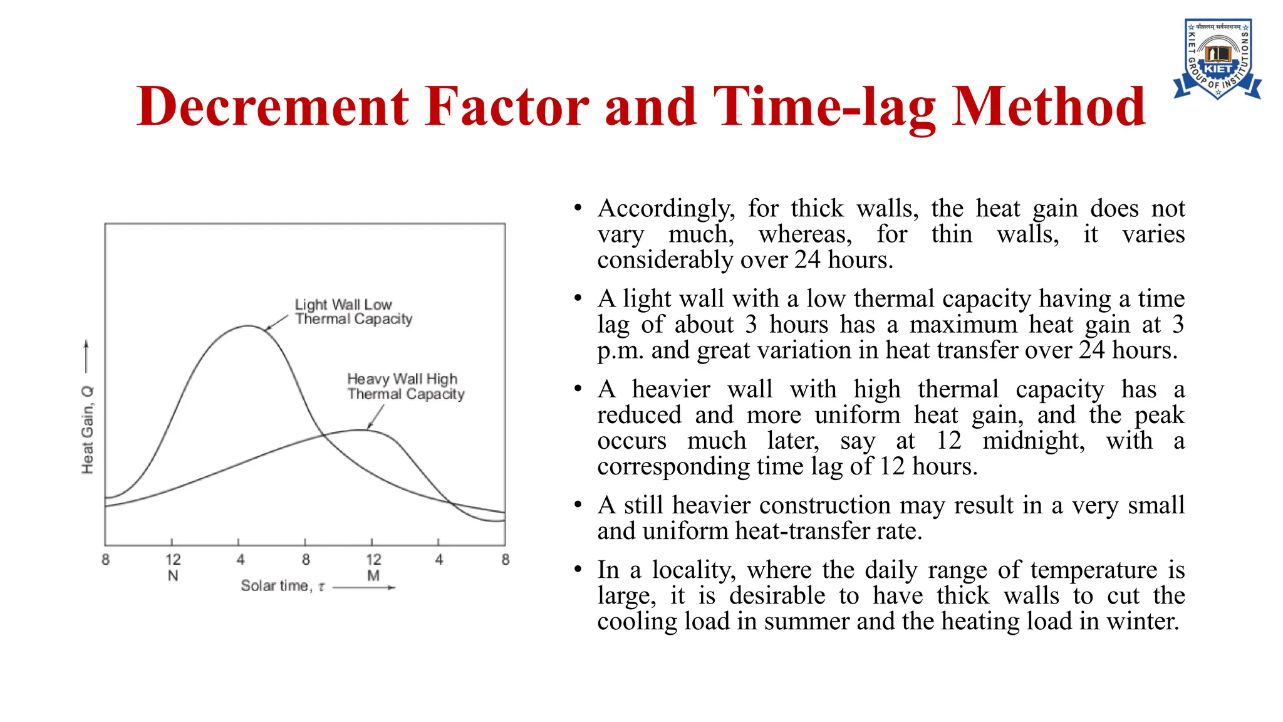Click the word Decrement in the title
pyautogui.click(x=273, y=107)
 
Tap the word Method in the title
pyautogui.click(x=1048, y=107)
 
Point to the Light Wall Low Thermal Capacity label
pyautogui.click(x=353, y=311)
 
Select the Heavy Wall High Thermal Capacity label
pyautogui.click(x=405, y=386)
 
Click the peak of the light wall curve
pyautogui.click(x=249, y=326)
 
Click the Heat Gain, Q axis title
pyautogui.click(x=88, y=430)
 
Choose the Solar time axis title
pyautogui.click(x=283, y=586)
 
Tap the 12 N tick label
pyautogui.click(x=173, y=567)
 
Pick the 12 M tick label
pyautogui.click(x=373, y=567)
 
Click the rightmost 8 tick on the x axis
pyautogui.click(x=506, y=559)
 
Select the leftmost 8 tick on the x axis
pyautogui.click(x=105, y=559)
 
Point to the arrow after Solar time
pyautogui.click(x=365, y=587)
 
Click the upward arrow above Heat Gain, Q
pyautogui.click(x=86, y=357)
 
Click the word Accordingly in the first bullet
pyautogui.click(x=665, y=209)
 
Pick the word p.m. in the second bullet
pyautogui.click(x=620, y=350)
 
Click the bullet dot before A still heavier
pyautogui.click(x=578, y=505)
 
